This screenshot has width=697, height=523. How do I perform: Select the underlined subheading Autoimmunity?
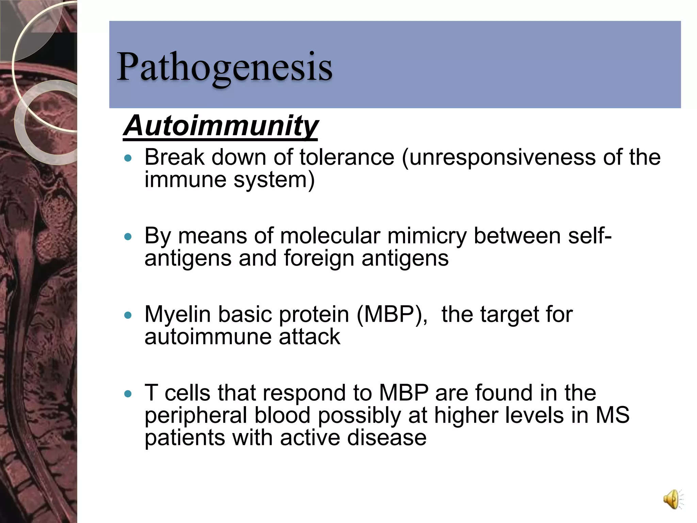point(221,126)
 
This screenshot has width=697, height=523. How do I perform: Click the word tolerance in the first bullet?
point(347,157)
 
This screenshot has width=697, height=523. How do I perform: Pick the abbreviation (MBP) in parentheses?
point(392,314)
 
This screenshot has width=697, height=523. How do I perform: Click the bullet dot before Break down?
point(128,158)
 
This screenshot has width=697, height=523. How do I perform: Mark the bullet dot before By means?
point(128,237)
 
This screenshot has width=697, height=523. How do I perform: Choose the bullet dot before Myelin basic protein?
point(128,315)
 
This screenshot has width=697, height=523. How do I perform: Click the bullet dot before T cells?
point(128,394)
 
